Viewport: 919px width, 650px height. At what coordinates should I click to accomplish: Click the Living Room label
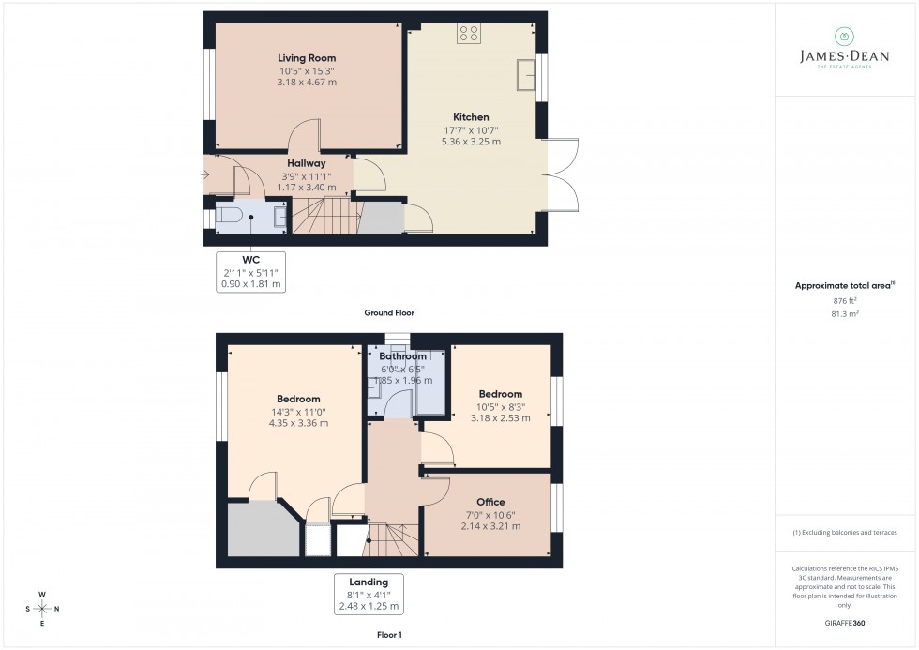307,58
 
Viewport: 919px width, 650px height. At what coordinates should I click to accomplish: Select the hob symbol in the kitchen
469,34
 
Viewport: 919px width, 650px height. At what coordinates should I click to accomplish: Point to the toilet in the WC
229,216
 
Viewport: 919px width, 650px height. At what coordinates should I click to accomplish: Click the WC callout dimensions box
250,272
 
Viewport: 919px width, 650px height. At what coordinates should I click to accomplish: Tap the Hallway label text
307,163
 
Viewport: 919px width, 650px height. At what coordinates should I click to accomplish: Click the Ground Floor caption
389,312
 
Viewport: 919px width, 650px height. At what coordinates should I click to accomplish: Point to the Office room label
490,502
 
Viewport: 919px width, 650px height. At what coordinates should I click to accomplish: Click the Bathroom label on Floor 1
403,356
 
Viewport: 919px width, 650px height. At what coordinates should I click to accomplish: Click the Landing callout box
369,594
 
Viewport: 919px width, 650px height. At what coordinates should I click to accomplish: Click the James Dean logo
843,50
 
